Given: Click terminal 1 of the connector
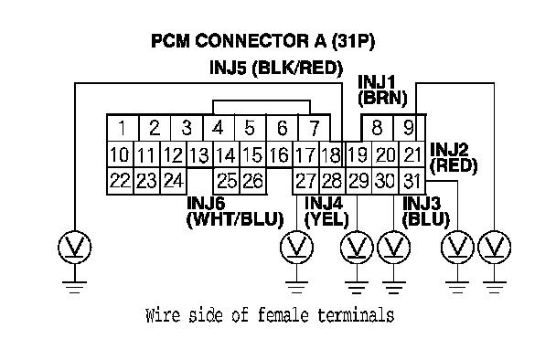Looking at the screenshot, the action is pyautogui.click(x=123, y=128).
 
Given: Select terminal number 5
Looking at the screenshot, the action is pyautogui.click(x=250, y=128).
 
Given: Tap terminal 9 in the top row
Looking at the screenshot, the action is pyautogui.click(x=409, y=128).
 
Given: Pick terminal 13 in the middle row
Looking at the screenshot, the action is pyautogui.click(x=199, y=154).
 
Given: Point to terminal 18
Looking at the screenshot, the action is pyautogui.click(x=332, y=154).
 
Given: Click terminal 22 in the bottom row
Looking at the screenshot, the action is pyautogui.click(x=120, y=181).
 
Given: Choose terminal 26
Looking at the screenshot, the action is pyautogui.click(x=253, y=181).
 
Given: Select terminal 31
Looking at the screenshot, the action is pyautogui.click(x=412, y=181).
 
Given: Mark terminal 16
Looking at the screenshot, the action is pyautogui.click(x=280, y=154).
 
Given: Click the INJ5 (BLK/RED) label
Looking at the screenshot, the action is pyautogui.click(x=276, y=68).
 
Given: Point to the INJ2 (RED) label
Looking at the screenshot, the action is pyautogui.click(x=454, y=158).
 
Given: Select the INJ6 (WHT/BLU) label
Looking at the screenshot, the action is pyautogui.click(x=235, y=212).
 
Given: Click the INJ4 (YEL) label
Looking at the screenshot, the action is pyautogui.click(x=326, y=212).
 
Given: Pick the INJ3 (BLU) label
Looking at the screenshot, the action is pyautogui.click(x=426, y=212).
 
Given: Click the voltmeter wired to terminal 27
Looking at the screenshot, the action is pyautogui.click(x=297, y=247).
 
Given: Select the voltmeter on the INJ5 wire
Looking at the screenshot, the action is pyautogui.click(x=74, y=247).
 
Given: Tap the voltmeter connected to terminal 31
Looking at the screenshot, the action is pyautogui.click(x=457, y=247).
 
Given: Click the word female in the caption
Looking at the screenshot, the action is pyautogui.click(x=283, y=315).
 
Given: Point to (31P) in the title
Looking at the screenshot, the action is pyautogui.click(x=353, y=41).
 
